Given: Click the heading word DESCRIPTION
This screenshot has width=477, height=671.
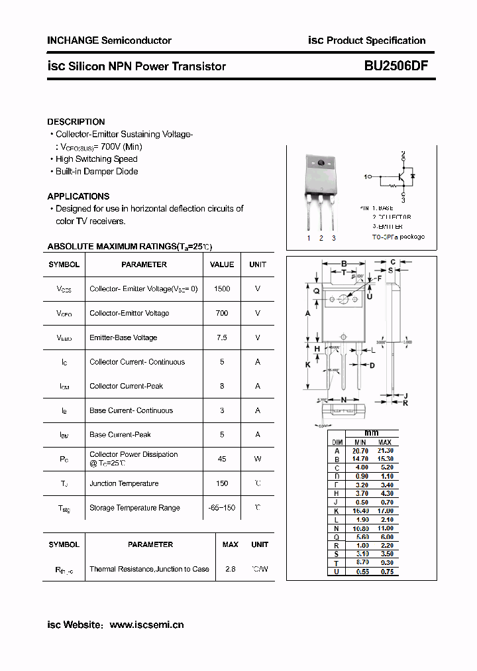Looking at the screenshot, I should coord(76,122).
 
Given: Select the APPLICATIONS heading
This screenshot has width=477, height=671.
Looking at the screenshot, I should coord(78,196).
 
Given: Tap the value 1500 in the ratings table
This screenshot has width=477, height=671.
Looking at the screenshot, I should coord(222,289).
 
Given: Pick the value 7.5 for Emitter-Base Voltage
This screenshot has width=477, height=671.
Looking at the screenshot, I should coord(222,337).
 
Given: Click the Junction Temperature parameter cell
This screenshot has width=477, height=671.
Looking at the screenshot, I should coord(124,483).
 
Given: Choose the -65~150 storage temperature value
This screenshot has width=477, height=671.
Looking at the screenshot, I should coord(222,508).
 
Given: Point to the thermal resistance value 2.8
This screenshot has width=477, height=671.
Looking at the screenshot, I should coord(231,569).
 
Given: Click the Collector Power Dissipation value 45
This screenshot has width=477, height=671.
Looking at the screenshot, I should coord(222,459).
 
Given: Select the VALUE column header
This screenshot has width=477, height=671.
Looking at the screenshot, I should coord(222,264).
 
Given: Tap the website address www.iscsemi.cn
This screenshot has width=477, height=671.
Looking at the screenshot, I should coord(146,625).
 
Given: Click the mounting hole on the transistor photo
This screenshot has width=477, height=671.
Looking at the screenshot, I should coord(321,164).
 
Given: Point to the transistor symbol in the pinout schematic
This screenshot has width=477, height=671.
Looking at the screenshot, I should coord(400,178).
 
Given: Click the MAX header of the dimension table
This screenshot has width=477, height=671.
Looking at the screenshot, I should coord(384,442).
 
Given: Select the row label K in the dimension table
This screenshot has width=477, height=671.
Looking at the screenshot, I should coord(337,511).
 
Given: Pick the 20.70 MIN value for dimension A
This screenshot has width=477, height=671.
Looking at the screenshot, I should coord(360,451).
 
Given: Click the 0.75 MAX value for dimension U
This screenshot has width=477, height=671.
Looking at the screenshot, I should coord(385,572).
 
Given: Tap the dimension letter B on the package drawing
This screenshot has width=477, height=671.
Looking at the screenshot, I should coord(344,263).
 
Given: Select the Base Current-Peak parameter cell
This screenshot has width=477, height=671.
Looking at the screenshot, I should coord(120,435).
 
